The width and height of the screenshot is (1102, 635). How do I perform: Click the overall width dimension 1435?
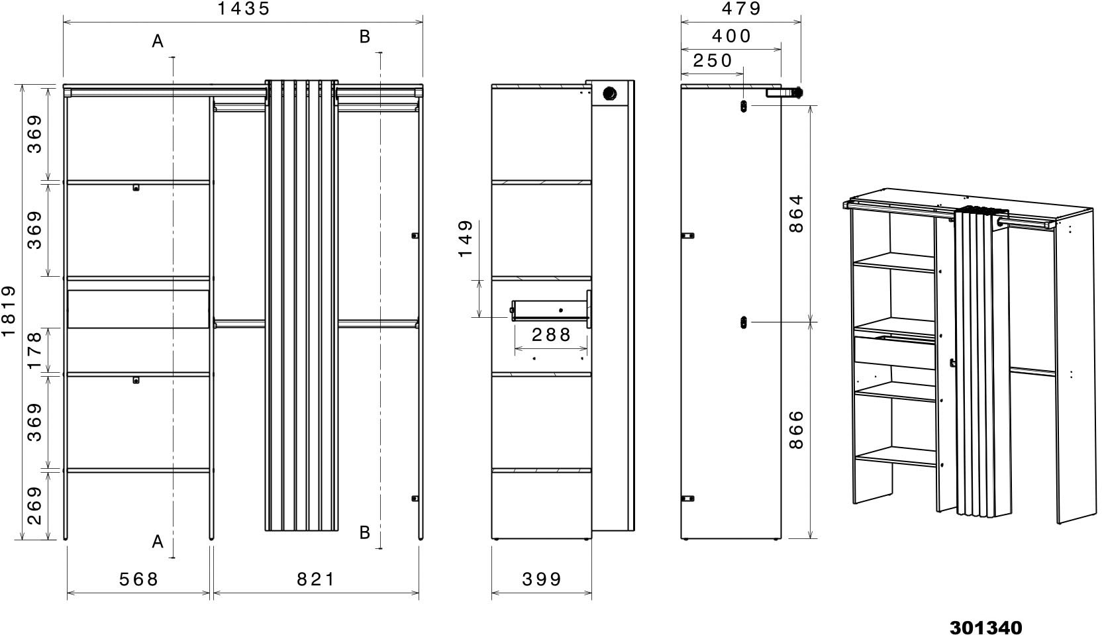click(x=244, y=9)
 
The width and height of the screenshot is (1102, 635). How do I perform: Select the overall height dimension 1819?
click(x=9, y=311)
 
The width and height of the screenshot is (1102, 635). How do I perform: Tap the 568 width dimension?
click(x=138, y=579)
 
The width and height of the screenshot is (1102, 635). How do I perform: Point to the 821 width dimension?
click(x=316, y=579)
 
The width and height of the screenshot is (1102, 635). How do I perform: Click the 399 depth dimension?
click(x=542, y=579)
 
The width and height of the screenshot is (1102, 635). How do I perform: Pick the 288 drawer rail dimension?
click(x=551, y=335)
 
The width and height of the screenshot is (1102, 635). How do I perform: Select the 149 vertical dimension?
click(x=466, y=240)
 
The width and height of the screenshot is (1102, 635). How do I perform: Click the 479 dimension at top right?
click(x=741, y=9)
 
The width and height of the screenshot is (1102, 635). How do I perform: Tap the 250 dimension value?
click(x=713, y=61)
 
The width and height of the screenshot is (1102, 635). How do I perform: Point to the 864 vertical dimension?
click(x=796, y=213)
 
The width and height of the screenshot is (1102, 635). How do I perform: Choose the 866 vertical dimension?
click(x=796, y=429)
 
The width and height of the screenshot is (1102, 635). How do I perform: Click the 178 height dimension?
click(x=34, y=350)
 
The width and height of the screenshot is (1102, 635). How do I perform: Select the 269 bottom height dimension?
click(x=34, y=505)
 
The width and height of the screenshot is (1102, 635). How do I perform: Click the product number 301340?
click(x=985, y=627)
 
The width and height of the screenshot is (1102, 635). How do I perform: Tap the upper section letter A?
click(x=158, y=42)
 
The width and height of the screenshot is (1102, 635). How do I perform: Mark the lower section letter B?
click(x=364, y=532)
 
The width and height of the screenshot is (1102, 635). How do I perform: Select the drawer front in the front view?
click(x=138, y=309)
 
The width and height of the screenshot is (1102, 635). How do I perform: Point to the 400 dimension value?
click(x=731, y=36)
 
